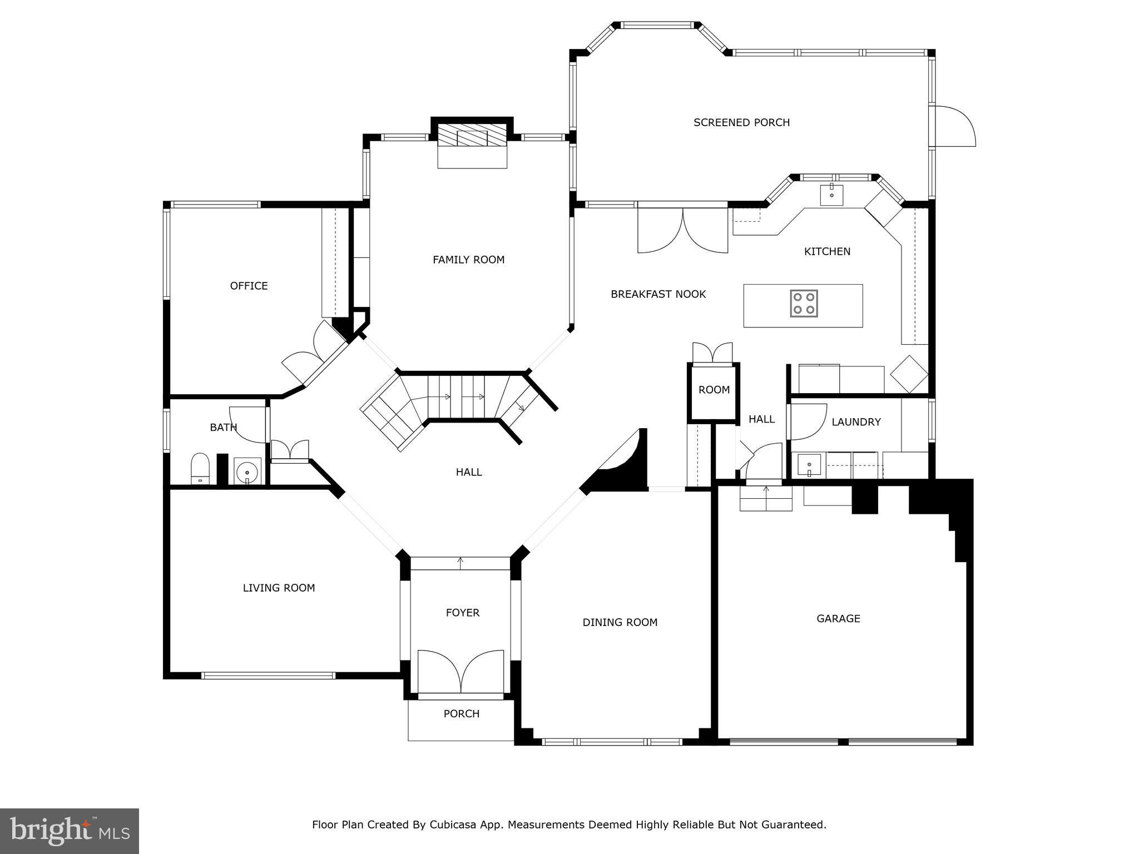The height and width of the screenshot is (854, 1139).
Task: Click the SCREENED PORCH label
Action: (741, 122)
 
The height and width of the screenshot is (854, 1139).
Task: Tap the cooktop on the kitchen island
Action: (804, 304)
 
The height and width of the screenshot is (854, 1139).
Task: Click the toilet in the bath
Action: (200, 469)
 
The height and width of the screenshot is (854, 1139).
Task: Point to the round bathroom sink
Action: (247, 472)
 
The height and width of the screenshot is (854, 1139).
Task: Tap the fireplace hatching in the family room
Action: (472, 135)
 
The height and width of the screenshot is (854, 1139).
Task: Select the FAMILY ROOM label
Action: (468, 260)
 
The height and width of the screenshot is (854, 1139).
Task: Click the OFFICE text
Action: (249, 286)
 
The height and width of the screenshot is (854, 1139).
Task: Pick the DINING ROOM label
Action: (620, 623)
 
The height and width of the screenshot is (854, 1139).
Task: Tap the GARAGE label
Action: (838, 618)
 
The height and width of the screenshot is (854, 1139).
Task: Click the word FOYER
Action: (462, 613)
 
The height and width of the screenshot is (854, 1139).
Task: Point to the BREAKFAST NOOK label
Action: (658, 294)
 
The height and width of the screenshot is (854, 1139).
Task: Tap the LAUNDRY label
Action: (856, 422)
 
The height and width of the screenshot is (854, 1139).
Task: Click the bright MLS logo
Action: (70, 831)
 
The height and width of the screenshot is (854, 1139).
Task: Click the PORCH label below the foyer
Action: (461, 714)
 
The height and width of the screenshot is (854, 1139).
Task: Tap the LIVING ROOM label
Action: (279, 588)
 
